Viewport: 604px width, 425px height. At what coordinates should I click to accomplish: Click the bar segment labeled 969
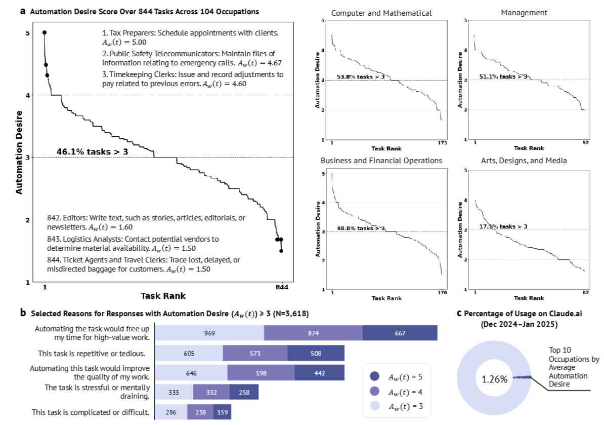(209, 333)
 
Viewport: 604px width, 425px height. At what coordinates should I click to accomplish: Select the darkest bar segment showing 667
(400, 333)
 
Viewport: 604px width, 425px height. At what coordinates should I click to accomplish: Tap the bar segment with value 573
(255, 353)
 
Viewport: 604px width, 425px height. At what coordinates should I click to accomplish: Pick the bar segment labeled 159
(221, 412)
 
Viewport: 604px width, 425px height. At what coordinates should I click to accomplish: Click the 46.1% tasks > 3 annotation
(91, 151)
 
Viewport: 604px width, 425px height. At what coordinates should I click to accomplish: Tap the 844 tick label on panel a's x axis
(282, 287)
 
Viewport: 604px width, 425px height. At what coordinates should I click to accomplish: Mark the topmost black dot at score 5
(45, 32)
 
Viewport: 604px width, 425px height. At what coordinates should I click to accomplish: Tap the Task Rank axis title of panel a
(163, 296)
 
